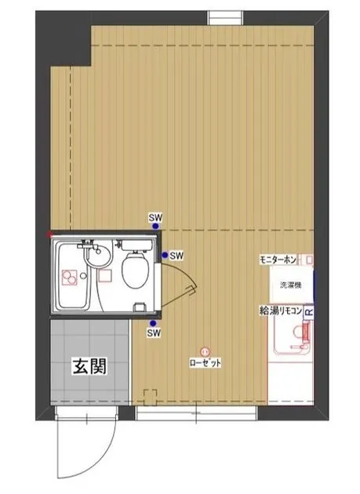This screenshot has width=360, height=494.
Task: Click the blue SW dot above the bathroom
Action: coord(155,226)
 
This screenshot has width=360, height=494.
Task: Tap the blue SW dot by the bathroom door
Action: coord(164,255)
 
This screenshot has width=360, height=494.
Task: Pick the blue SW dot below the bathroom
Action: coord(154,321)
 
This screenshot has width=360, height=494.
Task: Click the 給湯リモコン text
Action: coord(280,311)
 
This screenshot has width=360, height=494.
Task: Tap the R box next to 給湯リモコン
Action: coord(308,312)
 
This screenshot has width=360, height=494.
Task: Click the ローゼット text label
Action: coord(205,363)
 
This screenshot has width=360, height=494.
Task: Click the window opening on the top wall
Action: coord(225,17)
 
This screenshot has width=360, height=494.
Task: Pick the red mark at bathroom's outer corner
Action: coord(49,234)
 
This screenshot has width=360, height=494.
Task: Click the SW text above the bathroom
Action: coord(155,216)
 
